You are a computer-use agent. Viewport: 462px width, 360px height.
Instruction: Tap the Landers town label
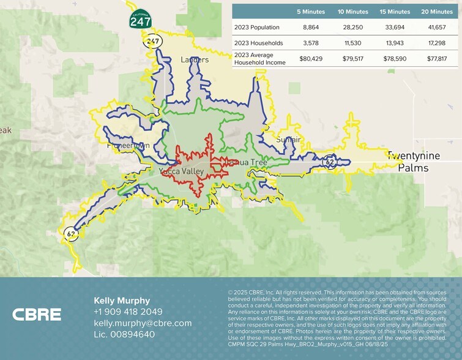click(195, 59)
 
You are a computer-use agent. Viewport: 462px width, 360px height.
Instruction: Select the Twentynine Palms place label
click(413, 161)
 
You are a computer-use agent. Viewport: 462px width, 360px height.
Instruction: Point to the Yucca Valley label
click(181, 171)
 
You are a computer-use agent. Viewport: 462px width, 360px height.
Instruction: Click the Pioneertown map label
click(127, 146)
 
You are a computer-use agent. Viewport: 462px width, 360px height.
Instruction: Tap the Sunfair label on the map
click(288, 140)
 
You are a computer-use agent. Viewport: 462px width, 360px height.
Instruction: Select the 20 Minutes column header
click(437, 12)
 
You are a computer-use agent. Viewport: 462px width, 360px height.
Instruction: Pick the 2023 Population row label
click(257, 28)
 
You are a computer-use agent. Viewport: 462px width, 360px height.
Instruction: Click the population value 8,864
click(312, 28)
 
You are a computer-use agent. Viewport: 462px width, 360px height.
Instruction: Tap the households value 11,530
click(353, 43)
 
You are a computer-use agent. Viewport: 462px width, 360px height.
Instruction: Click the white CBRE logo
click(37, 315)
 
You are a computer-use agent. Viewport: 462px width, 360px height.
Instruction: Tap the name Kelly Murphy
click(122, 301)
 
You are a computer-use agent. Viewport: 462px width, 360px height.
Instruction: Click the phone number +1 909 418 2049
click(128, 312)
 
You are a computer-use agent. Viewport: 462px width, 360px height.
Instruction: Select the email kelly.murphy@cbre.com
click(143, 323)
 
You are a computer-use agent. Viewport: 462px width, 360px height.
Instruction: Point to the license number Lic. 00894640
click(124, 334)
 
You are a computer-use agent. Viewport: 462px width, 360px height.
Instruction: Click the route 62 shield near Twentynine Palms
click(329, 162)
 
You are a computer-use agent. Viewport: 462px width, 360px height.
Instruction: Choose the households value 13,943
click(395, 43)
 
